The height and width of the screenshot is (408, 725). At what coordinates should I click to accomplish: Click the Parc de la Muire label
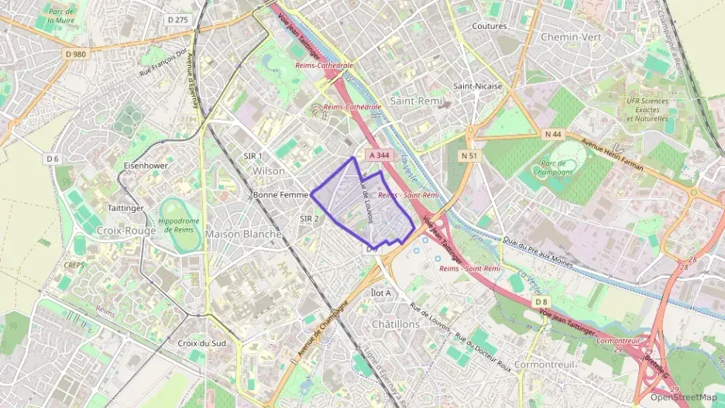coord(60,15)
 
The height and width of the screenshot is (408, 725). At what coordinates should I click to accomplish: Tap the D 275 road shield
coord(177,20)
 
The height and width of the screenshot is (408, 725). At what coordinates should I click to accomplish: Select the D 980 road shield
coord(76,54)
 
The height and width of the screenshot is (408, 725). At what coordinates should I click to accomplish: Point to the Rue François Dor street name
coord(163,63)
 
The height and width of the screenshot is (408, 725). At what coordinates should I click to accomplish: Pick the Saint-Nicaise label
coord(477,86)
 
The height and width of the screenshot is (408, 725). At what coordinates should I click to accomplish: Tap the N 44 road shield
coord(552,134)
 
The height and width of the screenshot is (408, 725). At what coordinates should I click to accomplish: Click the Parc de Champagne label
coord(553,167)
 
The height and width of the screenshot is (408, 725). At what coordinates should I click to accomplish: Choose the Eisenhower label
coord(146,166)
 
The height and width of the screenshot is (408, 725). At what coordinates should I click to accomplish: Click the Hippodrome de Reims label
coord(179,225)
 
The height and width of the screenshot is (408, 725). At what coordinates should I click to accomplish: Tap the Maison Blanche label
coord(243,234)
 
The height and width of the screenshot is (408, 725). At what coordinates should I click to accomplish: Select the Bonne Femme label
coord(280,195)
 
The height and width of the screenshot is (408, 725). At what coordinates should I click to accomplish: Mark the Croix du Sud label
coord(202,343)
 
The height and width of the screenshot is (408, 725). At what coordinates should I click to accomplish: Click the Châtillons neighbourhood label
coord(396,324)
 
